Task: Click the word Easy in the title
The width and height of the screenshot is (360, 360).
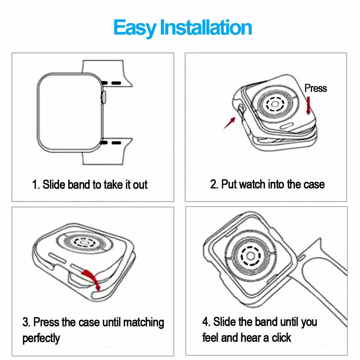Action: (135, 28)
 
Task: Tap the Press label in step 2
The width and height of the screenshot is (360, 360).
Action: (315, 88)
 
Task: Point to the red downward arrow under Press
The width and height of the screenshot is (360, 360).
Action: (309, 105)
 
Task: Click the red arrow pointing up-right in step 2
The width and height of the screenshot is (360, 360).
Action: (230, 123)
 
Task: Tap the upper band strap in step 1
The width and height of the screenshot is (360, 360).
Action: (107, 73)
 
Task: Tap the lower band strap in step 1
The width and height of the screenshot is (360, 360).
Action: (107, 151)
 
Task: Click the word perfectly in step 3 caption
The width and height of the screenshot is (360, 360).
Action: (41, 338)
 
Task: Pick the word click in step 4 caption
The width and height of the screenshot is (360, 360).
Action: (282, 338)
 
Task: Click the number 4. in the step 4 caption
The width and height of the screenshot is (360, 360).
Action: (206, 322)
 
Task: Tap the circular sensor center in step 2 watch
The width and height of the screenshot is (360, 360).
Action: (275, 104)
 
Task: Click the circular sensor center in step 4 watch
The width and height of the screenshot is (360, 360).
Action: (251, 256)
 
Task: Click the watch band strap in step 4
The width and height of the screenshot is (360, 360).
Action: (321, 275)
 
